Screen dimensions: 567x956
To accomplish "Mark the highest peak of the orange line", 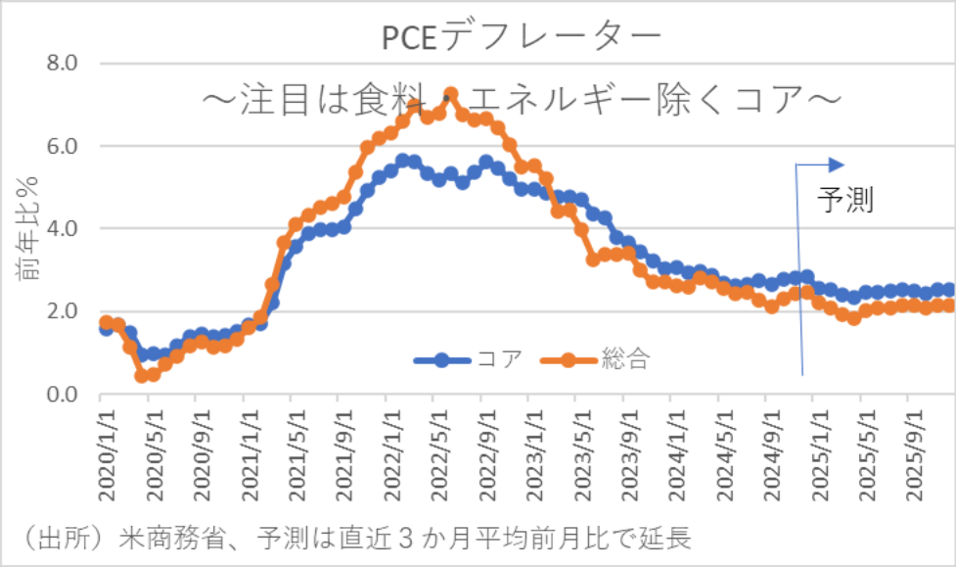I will pyautogui.click(x=450, y=95).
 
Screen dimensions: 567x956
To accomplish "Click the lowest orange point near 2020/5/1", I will pyautogui.click(x=142, y=376).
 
